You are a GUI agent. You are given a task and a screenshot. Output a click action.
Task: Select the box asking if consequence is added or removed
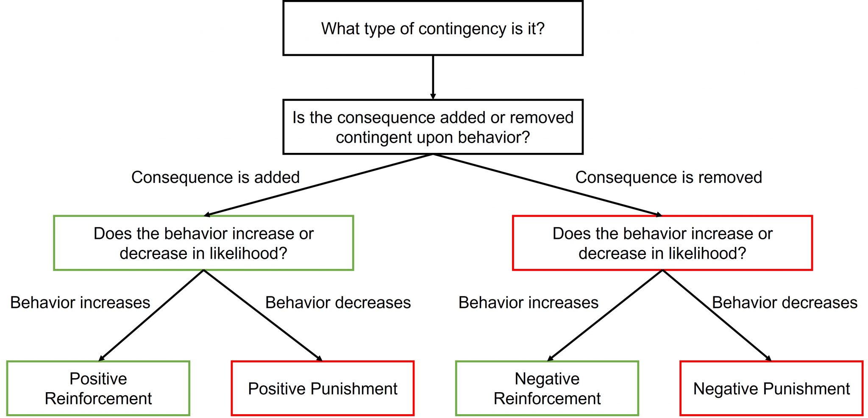point(433,127)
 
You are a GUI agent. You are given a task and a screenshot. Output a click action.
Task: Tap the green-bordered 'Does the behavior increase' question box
point(203,243)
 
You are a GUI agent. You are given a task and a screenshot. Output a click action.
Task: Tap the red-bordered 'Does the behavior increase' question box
point(662,243)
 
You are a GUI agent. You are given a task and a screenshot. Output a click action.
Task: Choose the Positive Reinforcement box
point(98,388)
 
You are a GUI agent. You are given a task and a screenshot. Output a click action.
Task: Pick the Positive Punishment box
point(323,388)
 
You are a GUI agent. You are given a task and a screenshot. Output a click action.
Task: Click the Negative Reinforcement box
point(547,388)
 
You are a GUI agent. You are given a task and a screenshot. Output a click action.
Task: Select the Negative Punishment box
point(771,388)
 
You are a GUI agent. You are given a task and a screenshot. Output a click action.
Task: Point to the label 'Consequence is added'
point(215,177)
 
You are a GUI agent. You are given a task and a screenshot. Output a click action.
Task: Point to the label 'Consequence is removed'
point(668,177)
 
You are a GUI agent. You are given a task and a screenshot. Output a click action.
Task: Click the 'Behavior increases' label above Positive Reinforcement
point(80,302)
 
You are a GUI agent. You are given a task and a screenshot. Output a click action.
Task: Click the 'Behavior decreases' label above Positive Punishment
point(338,302)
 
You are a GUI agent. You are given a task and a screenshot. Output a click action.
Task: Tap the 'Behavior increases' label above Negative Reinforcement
point(528,302)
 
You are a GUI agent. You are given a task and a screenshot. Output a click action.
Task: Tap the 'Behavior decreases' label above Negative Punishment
point(785,302)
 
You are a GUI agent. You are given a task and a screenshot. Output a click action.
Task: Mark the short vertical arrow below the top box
point(433,77)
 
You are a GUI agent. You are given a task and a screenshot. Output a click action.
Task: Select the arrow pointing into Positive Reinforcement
point(151,316)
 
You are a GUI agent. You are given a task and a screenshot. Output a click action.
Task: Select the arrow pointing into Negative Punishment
point(716,316)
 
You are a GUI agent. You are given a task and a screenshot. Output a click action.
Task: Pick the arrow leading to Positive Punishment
point(263,316)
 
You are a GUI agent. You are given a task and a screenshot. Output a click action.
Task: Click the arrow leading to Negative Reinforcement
point(605,316)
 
